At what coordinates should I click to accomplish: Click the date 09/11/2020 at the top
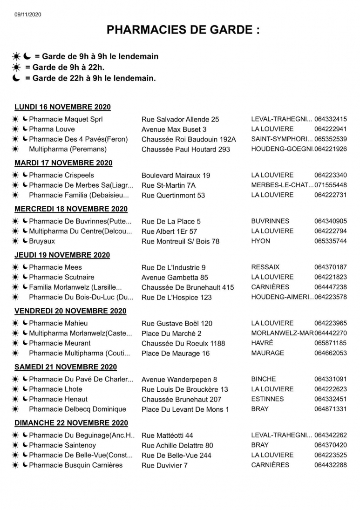coord(28,14)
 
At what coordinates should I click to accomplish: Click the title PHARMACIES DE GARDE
coord(183,31)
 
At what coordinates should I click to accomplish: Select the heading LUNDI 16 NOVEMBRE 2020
coord(62,107)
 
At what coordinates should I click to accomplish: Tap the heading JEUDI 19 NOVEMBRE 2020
coord(62,255)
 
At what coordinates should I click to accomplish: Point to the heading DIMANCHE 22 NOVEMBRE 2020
coord(71,423)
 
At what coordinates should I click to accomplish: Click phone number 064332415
coord(330,119)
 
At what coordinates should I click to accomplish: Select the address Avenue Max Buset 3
coord(174,129)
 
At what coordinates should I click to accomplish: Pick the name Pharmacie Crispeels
coord(61,175)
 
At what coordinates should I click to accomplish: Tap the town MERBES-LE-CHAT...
coord(282,185)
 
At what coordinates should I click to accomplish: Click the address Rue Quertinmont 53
coord(173,195)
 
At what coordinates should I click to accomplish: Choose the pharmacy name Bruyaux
coord(42,241)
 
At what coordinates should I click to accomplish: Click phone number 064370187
coord(330,267)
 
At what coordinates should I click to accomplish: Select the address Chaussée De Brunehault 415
coord(188,287)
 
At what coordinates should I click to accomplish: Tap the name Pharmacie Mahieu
coord(58,323)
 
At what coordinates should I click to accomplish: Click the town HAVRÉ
coord(262,343)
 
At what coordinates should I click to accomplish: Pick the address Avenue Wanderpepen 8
coord(179,380)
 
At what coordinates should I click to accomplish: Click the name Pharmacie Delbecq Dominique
coord(77,409)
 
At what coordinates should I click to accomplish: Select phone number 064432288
coord(330,465)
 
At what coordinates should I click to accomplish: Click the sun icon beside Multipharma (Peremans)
coord(15,150)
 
